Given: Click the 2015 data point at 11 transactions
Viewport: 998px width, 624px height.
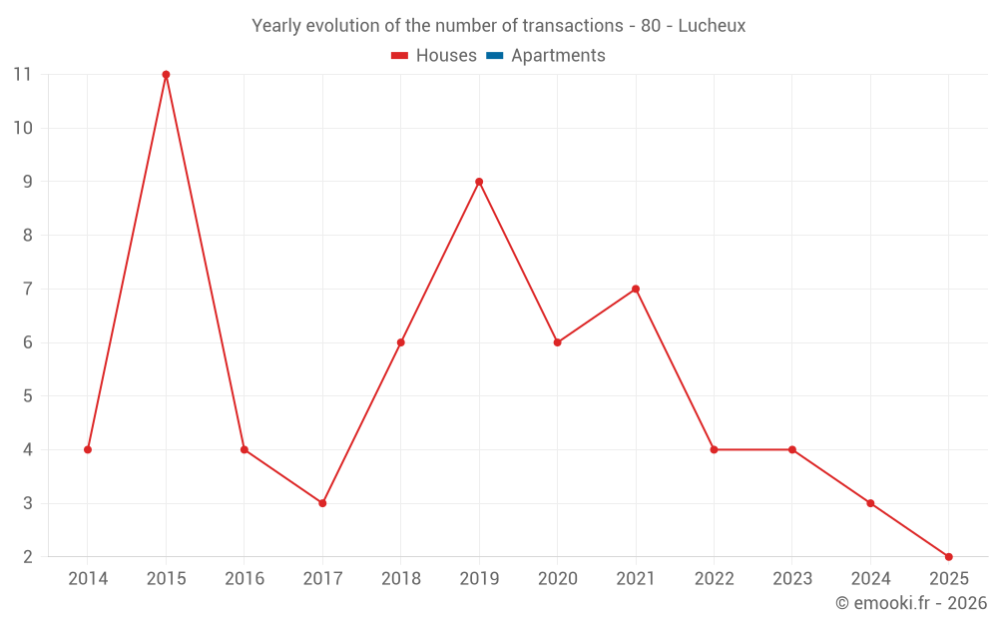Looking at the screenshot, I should [x=166, y=75].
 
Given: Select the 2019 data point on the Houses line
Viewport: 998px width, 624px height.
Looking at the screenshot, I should [x=479, y=182].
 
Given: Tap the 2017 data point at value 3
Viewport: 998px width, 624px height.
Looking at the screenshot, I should [x=322, y=503].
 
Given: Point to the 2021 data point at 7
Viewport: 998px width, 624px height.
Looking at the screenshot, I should [x=636, y=289].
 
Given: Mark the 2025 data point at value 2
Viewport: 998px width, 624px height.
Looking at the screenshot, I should [x=948, y=556].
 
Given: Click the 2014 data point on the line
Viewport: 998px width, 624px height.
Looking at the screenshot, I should [x=88, y=449].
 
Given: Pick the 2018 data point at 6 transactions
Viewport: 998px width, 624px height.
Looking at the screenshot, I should [x=400, y=342].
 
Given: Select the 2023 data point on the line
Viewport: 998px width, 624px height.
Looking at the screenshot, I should [x=792, y=449].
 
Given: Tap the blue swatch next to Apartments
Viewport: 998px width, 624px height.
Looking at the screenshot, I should [x=494, y=56].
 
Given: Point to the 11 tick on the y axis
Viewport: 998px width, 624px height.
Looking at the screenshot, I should [x=22, y=75].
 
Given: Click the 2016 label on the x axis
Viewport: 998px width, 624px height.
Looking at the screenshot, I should [x=245, y=579].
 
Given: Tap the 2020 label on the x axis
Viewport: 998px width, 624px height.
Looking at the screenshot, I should [x=557, y=579].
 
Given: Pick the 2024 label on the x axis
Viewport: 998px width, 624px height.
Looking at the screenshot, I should [x=870, y=579].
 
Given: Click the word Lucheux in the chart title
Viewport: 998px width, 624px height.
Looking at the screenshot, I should [x=712, y=26].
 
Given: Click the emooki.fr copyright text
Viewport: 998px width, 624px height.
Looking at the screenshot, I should [x=911, y=603].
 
